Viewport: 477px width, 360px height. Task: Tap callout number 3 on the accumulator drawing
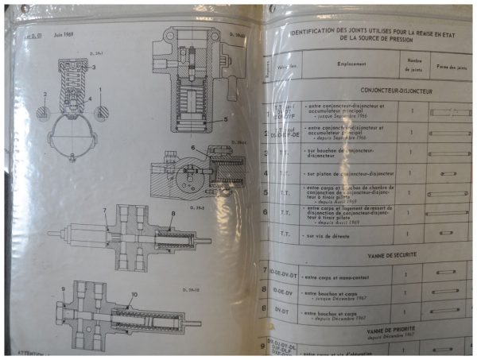tap(93, 68)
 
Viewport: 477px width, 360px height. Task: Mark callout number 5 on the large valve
tap(226, 119)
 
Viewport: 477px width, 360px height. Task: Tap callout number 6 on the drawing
tap(192, 149)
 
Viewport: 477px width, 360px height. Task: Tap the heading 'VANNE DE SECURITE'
tap(368, 255)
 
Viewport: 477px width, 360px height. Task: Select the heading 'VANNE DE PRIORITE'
tap(368, 327)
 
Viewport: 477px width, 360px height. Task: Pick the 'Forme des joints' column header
tap(451, 64)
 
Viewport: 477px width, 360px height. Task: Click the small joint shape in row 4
tap(449, 172)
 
